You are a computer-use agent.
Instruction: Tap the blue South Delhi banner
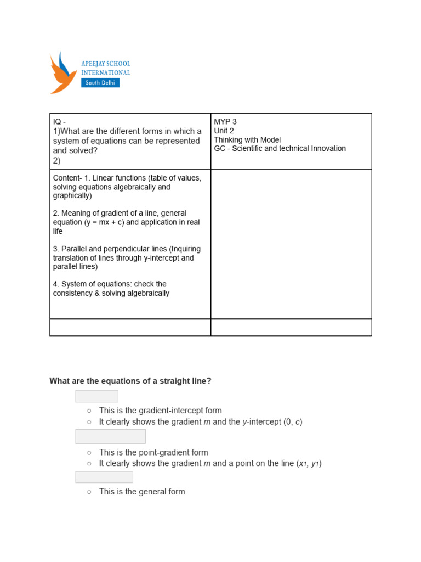pyautogui.click(x=100, y=83)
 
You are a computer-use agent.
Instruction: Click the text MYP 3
pyautogui.click(x=225, y=122)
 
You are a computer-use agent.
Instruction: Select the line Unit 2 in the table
pyautogui.click(x=224, y=131)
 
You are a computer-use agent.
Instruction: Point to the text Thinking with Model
pyautogui.click(x=247, y=139)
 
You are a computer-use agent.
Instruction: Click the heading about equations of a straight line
pyautogui.click(x=130, y=380)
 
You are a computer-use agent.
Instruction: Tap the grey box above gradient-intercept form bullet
pyautogui.click(x=96, y=396)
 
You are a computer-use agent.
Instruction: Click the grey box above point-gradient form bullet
pyautogui.click(x=110, y=437)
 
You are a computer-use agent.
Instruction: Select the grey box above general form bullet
pyautogui.click(x=104, y=477)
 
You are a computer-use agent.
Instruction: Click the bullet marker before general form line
pyautogui.click(x=89, y=492)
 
